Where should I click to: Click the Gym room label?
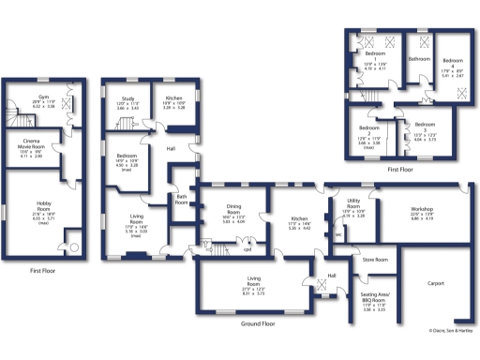coord(43,97)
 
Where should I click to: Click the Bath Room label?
coord(182,199)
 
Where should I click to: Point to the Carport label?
coord(435,282)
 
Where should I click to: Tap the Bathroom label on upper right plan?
coord(417,59)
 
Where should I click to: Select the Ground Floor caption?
coord(257,323)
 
